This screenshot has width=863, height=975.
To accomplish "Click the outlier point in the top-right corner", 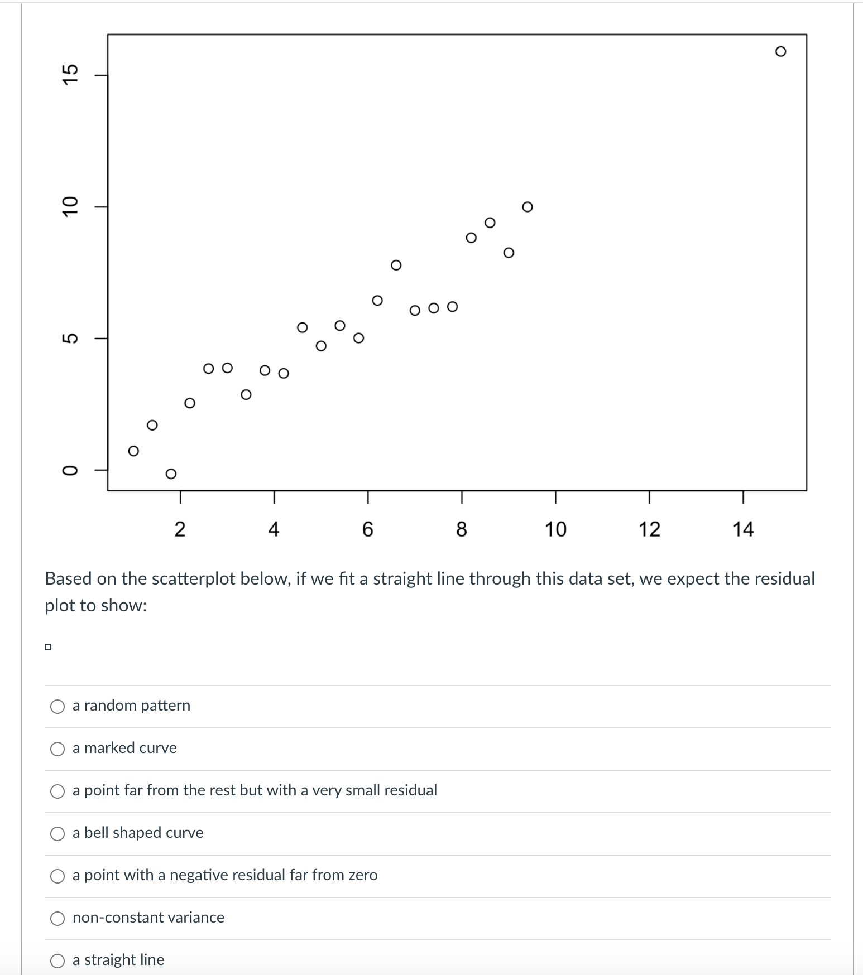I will point(780,52).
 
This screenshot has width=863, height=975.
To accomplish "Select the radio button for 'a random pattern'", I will point(57,707).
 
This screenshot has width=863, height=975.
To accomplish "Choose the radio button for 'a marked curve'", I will point(57,749).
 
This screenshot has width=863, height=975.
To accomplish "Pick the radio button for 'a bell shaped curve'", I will point(57,834).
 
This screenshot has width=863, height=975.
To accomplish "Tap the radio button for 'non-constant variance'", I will point(57,919).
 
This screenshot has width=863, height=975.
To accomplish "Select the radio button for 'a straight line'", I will point(57,960).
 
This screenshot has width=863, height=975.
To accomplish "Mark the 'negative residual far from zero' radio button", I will point(57,876).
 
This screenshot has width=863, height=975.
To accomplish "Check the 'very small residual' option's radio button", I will point(57,791).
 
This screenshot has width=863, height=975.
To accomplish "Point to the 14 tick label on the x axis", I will point(743,529).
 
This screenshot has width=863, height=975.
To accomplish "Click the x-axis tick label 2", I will point(180,529).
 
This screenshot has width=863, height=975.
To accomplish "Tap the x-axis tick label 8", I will point(461,529).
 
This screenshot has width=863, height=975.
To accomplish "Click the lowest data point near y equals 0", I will point(171,474).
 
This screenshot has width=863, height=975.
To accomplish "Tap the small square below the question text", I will point(48,647).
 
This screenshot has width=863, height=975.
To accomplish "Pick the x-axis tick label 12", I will point(649,529).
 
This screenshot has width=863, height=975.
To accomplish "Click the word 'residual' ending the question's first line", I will point(785,579).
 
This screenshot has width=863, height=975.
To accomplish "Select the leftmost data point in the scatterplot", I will point(133,451).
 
